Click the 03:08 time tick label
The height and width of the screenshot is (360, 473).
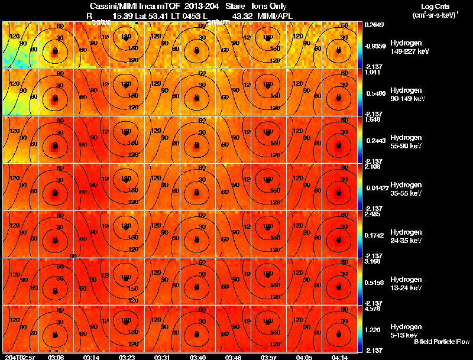(x=56, y=357)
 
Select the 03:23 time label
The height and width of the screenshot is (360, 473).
(x=127, y=357)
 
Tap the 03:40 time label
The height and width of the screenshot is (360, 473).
(x=197, y=357)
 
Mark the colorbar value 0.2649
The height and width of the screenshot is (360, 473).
(x=374, y=24)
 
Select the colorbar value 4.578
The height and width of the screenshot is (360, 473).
(x=373, y=308)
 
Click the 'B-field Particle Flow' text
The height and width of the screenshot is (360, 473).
(x=441, y=342)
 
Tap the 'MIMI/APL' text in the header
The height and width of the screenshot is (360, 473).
(x=275, y=17)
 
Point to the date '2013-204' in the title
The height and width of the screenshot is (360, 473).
(x=205, y=5)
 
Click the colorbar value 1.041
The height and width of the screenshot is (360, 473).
(x=372, y=72)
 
